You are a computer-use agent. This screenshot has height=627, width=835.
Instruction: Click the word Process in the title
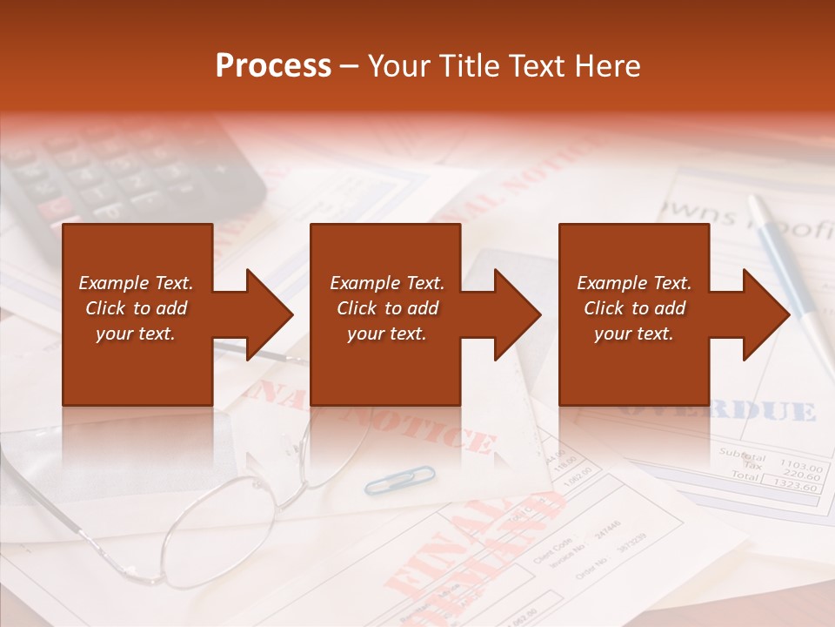pyautogui.click(x=273, y=66)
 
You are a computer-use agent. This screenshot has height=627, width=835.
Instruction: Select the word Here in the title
pyautogui.click(x=606, y=66)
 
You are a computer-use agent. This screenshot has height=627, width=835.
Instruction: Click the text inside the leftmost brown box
pyautogui.click(x=137, y=308)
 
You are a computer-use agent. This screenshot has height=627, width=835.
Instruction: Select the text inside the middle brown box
pyautogui.click(x=387, y=308)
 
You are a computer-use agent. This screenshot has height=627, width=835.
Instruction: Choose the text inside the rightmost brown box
pyautogui.click(x=634, y=308)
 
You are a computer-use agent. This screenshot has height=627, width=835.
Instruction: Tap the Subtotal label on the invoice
pyautogui.click(x=743, y=455)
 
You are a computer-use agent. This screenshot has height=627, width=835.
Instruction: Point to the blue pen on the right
pyautogui.click(x=792, y=270)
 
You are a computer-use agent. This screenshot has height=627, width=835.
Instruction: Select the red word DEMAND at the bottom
pyautogui.click(x=487, y=557)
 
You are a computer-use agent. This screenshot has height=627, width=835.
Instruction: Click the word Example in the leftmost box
pyautogui.click(x=114, y=283)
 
